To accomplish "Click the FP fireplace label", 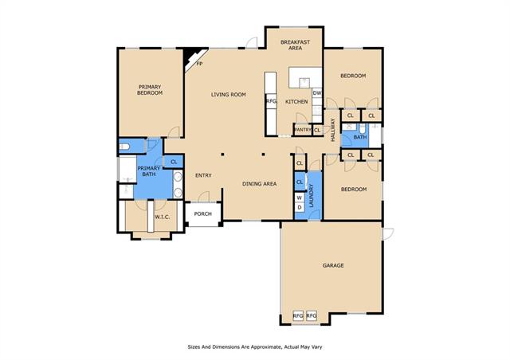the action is tap(199, 64).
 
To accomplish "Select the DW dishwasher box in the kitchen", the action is tap(317, 92).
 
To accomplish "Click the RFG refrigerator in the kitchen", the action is tap(271, 101).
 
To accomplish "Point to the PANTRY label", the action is tap(303, 130).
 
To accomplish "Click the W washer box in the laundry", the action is tap(300, 198).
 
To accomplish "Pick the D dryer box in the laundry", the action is tap(300, 207).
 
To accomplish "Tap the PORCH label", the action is tap(202, 213).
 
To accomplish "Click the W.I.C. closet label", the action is tap(162, 217).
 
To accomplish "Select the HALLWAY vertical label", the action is tap(333, 130).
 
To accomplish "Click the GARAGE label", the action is tap(333, 265).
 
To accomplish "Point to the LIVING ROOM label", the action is tap(229, 94).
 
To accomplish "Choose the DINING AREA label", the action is tap(259, 184).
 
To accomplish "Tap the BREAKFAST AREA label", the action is tap(295, 45).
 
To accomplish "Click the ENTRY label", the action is tap(203, 175).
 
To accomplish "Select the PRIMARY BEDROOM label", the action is tap(150, 90).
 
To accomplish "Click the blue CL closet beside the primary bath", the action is tap(174, 162).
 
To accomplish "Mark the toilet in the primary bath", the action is tap(124, 147).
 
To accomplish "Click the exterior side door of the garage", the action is tap(387, 233).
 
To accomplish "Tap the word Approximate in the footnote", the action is tap(267, 347).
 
